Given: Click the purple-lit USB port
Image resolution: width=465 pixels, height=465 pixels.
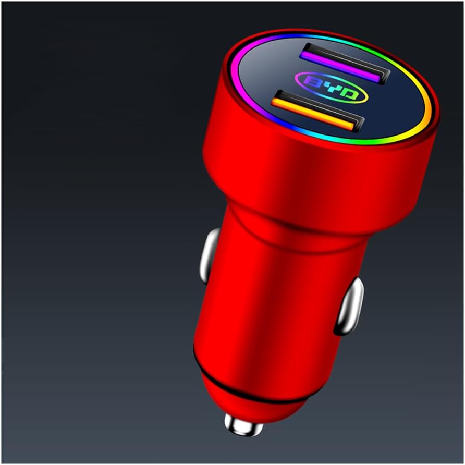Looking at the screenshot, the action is (344, 63).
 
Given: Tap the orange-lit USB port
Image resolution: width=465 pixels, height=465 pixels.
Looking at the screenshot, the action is (317, 111).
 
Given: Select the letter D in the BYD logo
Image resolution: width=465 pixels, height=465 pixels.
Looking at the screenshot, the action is (349, 94).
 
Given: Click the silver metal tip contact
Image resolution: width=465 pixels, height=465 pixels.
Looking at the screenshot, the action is (243, 423).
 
